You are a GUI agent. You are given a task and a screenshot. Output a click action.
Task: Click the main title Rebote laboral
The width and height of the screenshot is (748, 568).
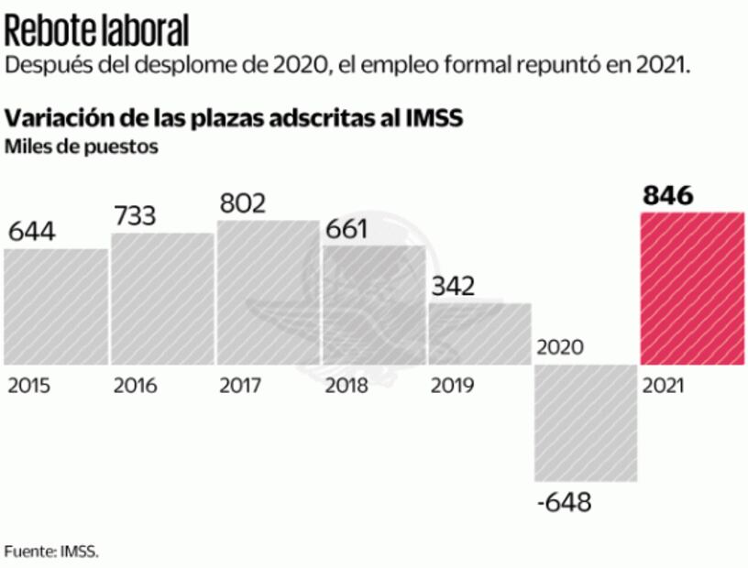click(x=96, y=30)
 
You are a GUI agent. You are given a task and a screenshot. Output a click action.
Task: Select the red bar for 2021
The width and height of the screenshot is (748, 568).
click(x=691, y=289)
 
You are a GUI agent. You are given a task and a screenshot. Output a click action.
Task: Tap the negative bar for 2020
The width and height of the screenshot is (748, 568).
click(x=586, y=422)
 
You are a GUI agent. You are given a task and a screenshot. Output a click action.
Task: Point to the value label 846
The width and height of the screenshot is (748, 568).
click(x=667, y=195)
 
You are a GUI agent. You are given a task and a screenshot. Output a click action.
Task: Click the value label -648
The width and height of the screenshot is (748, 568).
click(x=566, y=502)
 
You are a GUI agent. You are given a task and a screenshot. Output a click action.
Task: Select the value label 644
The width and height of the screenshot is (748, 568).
click(x=32, y=232)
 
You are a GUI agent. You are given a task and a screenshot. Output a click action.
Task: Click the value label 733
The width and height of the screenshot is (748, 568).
click(x=135, y=216)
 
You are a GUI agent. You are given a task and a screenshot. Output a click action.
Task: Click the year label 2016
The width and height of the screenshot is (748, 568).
click(x=135, y=386)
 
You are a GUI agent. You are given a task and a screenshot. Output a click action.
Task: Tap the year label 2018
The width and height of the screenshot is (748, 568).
click(x=346, y=386)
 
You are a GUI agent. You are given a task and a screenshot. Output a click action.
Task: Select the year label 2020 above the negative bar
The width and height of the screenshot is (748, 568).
click(x=561, y=348)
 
